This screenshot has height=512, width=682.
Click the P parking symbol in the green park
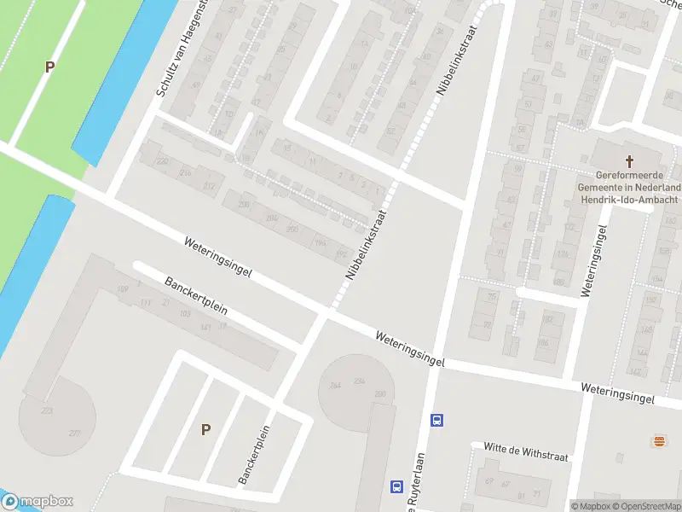49,67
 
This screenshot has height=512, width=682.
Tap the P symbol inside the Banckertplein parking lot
205,429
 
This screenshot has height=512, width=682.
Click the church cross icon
631,160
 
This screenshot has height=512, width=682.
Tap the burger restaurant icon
658,441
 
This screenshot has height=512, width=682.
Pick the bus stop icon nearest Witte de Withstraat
436,420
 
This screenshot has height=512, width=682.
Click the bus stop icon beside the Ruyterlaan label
396,486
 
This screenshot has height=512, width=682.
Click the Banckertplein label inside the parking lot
254,455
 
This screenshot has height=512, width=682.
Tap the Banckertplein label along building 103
196,294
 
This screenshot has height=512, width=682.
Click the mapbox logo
38,502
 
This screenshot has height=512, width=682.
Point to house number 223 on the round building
46,411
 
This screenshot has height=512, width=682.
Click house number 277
75,433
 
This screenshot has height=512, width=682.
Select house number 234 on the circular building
359,381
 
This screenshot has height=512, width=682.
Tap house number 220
162,161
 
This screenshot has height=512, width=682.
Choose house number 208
245,205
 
